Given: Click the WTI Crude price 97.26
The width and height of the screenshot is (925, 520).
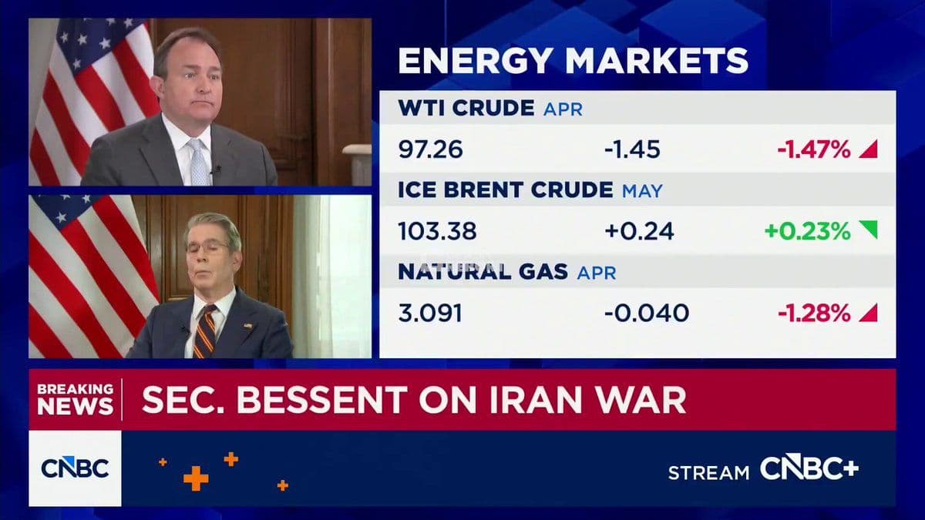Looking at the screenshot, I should pos(430,149).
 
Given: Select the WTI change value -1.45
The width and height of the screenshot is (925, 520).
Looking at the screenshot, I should pos(632,149).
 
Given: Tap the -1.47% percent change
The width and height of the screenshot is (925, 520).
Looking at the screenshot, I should pos(813,149).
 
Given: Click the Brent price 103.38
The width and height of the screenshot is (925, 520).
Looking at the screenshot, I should pos(437,231).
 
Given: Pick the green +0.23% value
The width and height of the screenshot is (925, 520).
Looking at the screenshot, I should pos(808,231).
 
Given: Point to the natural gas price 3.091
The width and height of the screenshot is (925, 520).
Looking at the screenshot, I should pos(430,314).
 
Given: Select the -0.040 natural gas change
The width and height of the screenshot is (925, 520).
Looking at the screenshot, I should pos(647,314).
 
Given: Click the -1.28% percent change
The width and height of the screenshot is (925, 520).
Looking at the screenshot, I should pos(813,314).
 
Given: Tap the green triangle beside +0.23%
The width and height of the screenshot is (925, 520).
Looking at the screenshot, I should pos(868,230).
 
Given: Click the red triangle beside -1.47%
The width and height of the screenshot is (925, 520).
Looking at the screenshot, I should pos(869,149).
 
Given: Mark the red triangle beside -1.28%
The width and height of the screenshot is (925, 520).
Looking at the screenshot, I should pos(869,313).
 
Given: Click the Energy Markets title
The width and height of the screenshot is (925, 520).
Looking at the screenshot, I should pos(573,61).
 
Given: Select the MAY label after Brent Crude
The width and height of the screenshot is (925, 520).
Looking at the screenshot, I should pos(641,190).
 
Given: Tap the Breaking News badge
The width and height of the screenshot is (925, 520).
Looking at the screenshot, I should pos(75,399).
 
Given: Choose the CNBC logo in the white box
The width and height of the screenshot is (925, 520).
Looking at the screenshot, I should pos(75,468).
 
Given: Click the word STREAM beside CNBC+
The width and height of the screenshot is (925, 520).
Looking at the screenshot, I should pos(708,472).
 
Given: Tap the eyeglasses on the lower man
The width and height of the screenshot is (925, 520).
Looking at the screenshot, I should pos(208,246).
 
